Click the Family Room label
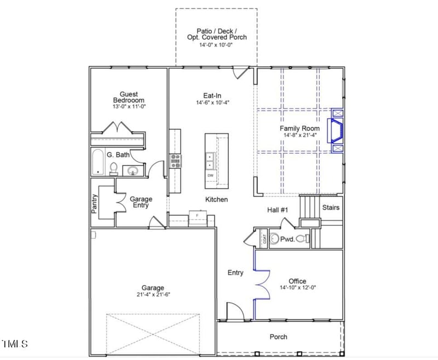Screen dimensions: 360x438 [302, 128]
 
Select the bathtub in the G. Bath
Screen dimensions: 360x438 [99, 162]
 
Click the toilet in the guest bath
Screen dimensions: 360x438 [114, 168]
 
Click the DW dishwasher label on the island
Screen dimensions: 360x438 [210, 175]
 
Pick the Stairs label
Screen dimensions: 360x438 [331, 208]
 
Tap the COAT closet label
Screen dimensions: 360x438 [264, 239]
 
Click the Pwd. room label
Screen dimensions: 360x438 [287, 239]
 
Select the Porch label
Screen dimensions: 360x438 [278, 337]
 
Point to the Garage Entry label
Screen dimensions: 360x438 [141, 202]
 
